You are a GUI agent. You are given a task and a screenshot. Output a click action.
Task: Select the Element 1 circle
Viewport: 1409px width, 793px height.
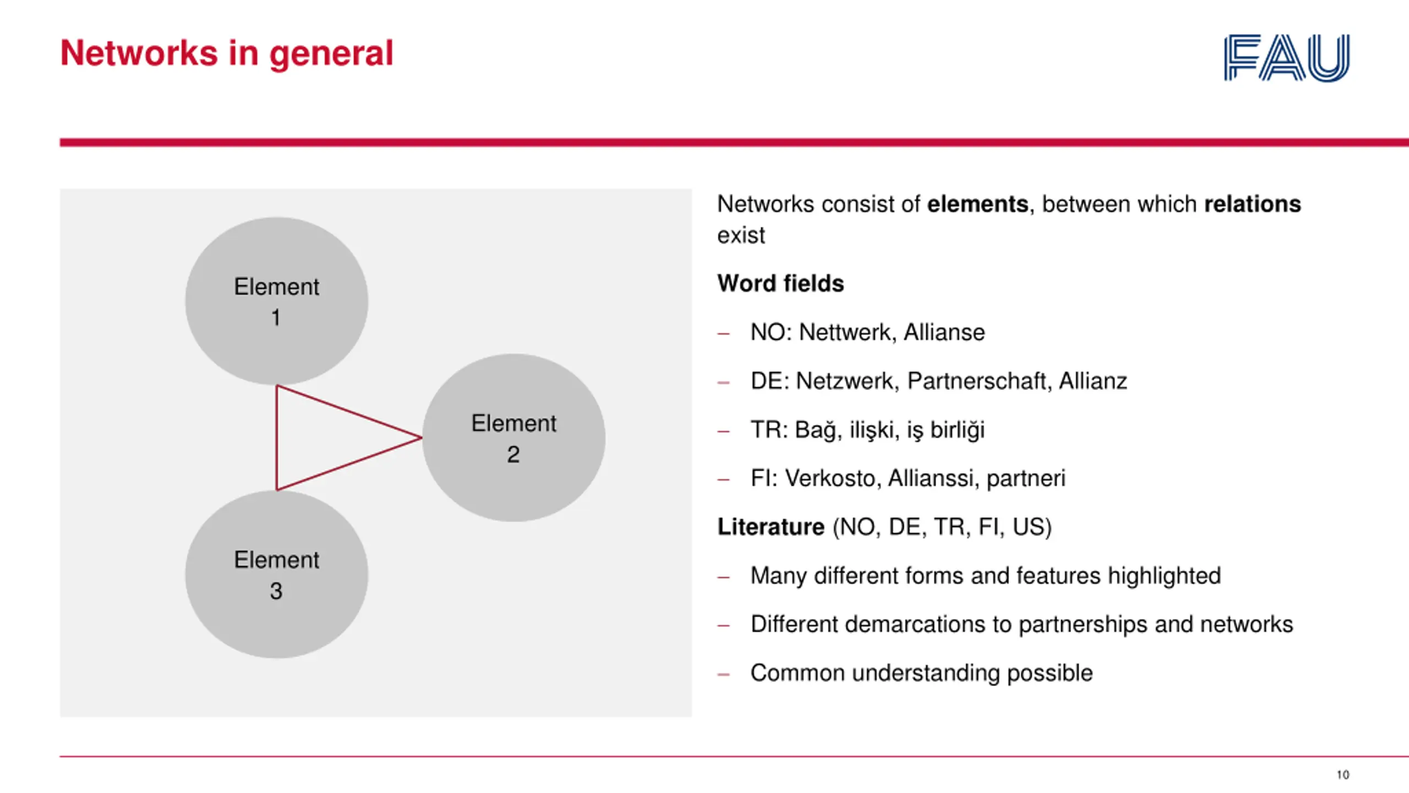(x=276, y=301)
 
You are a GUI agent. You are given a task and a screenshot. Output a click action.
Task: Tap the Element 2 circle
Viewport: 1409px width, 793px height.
(x=514, y=438)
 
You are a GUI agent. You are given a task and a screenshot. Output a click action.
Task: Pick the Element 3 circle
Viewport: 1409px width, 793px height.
(x=276, y=574)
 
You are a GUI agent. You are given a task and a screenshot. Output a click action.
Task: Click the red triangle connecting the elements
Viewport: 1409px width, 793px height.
(x=277, y=438)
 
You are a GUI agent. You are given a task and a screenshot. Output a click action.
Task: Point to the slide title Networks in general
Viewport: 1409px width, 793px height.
(x=227, y=53)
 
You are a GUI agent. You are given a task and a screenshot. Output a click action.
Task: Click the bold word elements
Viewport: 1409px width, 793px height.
(x=977, y=204)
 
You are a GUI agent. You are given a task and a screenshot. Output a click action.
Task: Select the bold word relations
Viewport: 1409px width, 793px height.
(x=1252, y=204)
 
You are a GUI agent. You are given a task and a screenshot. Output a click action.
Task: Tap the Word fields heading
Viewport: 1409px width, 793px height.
(x=780, y=284)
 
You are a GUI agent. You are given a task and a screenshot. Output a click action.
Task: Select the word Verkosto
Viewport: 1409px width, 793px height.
(x=829, y=479)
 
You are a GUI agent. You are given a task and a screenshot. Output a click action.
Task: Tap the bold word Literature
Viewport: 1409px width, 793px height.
(x=771, y=527)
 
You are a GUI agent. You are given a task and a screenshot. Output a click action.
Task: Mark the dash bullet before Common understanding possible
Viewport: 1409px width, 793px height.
(x=723, y=674)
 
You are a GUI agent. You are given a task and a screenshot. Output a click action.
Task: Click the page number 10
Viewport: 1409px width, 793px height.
(x=1342, y=775)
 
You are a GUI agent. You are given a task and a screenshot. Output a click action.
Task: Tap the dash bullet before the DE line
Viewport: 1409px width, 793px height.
(x=723, y=382)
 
